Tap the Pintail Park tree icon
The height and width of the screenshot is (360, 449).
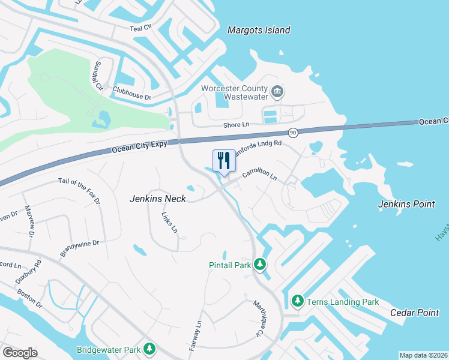coord(259,264)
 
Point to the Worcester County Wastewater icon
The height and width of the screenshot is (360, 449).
coord(277,92)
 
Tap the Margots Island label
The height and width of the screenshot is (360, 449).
coord(259,30)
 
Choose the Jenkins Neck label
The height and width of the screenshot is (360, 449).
coord(158,199)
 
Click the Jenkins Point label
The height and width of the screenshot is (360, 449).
coord(406,204)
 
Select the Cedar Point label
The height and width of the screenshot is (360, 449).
coord(411,313)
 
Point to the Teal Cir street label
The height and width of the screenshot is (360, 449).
coord(142,28)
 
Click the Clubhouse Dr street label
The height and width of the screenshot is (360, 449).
coord(131,96)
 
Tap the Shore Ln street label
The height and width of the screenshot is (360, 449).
coord(235,125)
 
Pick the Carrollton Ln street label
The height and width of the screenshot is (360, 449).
coord(259,175)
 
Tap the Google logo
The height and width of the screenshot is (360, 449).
coord(20,353)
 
